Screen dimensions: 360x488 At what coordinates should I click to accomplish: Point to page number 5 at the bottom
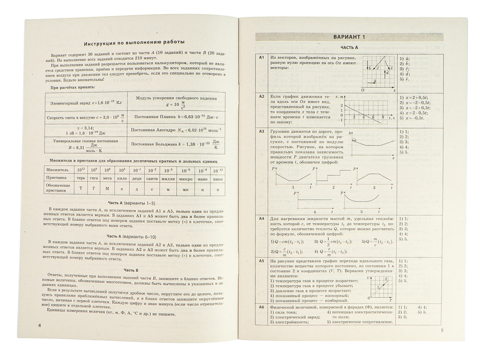[x=441, y=331]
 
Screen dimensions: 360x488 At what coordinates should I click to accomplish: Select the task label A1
[x=262, y=58]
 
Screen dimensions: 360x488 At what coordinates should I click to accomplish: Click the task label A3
[x=262, y=131]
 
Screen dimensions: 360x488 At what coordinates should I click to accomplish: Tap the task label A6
[x=262, y=307]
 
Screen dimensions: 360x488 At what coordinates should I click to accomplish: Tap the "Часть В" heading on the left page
[x=131, y=270]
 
